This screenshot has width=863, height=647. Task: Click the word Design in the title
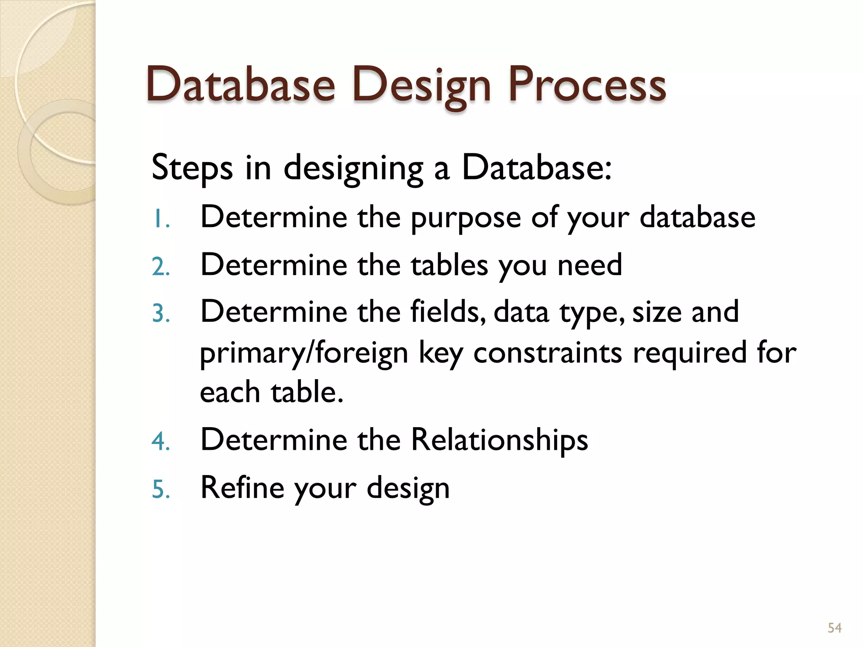click(421, 86)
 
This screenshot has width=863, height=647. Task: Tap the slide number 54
click(834, 628)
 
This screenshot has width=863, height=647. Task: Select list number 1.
click(160, 219)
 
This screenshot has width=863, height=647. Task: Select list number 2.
click(161, 267)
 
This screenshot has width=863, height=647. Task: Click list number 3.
click(161, 314)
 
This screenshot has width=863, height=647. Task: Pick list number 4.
click(161, 442)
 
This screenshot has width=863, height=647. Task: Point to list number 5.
click(161, 490)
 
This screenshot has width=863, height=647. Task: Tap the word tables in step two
click(449, 265)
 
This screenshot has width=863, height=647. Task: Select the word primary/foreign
click(304, 353)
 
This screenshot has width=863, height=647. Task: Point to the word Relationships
click(499, 440)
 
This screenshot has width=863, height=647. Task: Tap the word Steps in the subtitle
click(192, 168)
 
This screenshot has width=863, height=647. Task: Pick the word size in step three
click(657, 313)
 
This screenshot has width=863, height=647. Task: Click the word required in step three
click(690, 353)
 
